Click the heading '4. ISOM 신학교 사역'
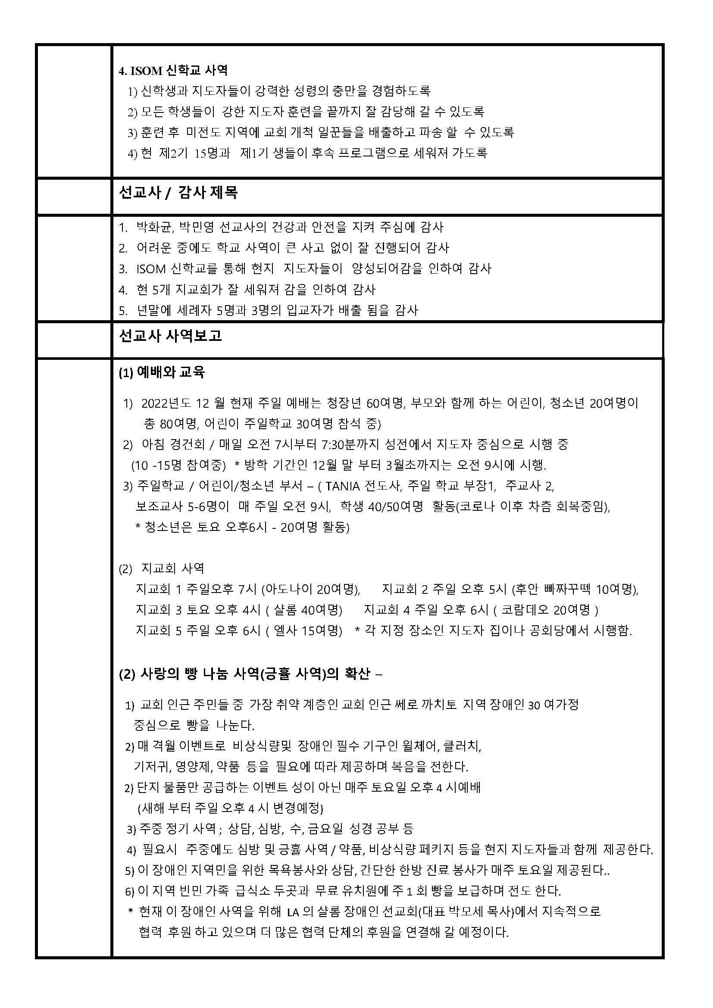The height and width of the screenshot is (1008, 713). click(173, 70)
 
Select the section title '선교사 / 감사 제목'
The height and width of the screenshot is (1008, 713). click(178, 193)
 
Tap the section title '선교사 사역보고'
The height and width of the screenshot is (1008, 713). click(170, 336)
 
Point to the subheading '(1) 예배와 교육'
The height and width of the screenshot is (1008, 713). click(162, 373)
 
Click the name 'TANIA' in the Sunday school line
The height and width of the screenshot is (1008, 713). click(342, 486)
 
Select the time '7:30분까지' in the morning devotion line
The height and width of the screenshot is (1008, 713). click(351, 444)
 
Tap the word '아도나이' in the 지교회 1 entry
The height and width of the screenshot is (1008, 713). click(287, 589)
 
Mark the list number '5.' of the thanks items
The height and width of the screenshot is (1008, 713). click(123, 311)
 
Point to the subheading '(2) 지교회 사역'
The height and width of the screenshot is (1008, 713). click(162, 569)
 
